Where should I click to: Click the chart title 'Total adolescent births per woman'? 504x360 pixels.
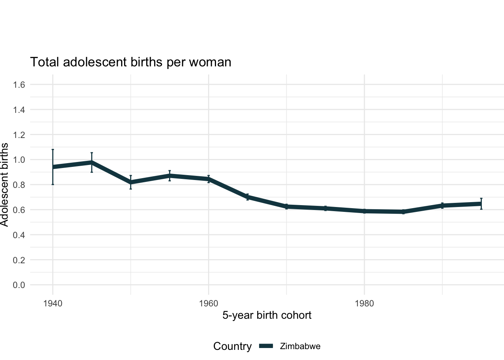point(130,62)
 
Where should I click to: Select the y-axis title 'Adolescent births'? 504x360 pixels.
point(4,184)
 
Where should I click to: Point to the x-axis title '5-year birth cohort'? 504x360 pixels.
point(267,315)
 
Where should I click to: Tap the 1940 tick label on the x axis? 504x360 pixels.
point(52,303)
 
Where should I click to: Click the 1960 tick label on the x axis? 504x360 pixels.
point(208,303)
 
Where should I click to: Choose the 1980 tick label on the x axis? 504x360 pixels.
point(364,303)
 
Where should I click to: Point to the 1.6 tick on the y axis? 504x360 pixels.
point(19,85)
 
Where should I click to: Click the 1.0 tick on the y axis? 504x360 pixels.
point(19,160)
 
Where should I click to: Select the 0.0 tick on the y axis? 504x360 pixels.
point(19,285)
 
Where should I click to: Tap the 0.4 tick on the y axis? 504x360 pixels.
point(19,235)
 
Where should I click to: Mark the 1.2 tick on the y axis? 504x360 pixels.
point(19,135)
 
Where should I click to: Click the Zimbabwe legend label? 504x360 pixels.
point(300,346)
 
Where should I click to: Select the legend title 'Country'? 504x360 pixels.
point(232,346)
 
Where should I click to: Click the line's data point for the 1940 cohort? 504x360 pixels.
point(53,167)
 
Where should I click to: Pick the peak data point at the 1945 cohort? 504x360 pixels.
point(91,162)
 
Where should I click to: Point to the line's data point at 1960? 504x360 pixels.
point(208,179)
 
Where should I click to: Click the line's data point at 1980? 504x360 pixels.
point(364,211)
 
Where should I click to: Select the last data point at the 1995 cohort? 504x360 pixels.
point(481,204)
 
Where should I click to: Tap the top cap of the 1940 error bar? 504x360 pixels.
point(53,149)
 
